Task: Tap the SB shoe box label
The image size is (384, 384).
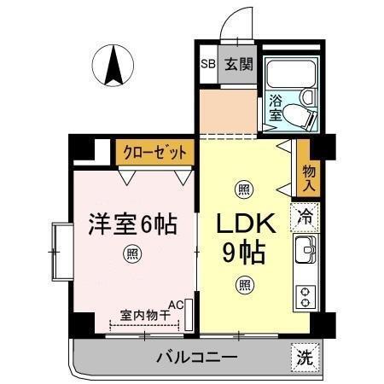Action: pos(207,64)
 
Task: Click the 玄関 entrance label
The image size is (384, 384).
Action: pos(238,64)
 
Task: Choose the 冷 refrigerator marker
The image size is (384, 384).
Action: pos(305,217)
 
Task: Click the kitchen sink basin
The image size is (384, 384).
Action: pos(305,251)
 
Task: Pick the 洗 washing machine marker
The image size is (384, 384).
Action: pos(305,358)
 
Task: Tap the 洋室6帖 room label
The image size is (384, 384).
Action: pos(132,225)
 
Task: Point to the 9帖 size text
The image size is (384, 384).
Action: pos(244,253)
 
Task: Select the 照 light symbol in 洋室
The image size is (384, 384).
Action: pos(132,253)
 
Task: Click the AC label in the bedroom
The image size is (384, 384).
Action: pos(176,304)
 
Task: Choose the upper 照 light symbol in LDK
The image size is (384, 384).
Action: pos(244,189)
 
